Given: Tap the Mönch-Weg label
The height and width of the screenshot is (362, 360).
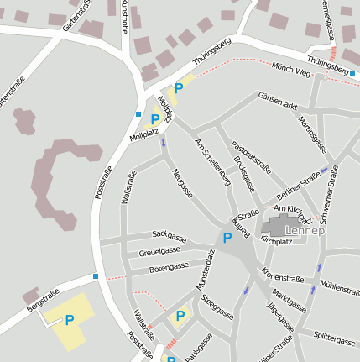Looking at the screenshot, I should pyautogui.click(x=292, y=72).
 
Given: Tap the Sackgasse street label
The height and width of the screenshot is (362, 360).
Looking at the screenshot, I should pyautogui.click(x=167, y=234).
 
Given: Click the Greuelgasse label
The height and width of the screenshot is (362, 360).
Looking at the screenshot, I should pyautogui.click(x=159, y=250).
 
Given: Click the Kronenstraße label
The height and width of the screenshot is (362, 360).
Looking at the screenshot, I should pyautogui.click(x=282, y=276).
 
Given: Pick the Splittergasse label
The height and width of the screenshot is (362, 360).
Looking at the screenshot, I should pyautogui.click(x=334, y=340).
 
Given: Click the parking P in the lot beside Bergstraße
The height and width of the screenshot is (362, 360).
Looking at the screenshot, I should pyautogui.click(x=69, y=320).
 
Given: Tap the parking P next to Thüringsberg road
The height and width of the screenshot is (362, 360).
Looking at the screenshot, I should pyautogui.click(x=178, y=88).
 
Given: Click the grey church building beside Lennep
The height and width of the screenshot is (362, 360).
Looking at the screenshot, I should pyautogui.click(x=275, y=226).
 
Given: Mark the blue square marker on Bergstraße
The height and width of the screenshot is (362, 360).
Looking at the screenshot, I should pyautogui.click(x=96, y=276).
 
